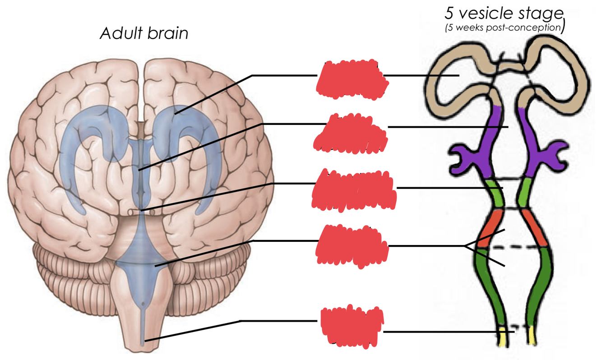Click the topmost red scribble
click(x=352, y=79)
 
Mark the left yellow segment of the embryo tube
click(x=503, y=337)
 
